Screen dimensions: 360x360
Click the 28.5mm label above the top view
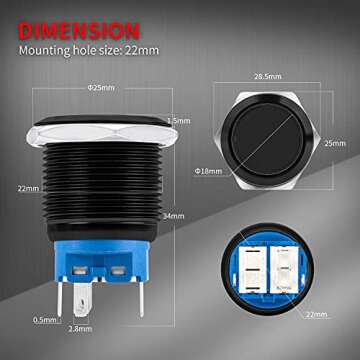[266, 76]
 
